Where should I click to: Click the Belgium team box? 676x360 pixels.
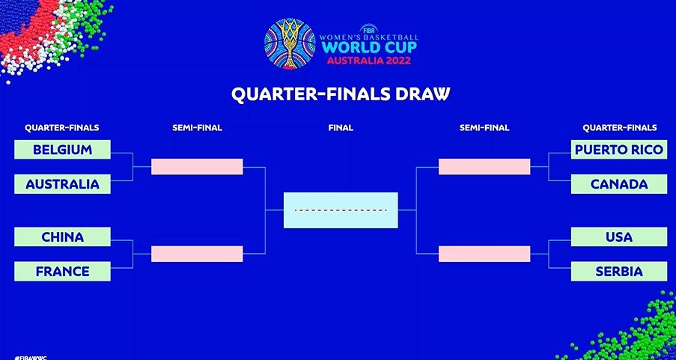point(63,150)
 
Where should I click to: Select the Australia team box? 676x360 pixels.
point(63,184)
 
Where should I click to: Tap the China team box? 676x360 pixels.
point(63,237)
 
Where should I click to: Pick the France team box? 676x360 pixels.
point(63,272)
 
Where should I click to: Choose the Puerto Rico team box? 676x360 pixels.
point(619,150)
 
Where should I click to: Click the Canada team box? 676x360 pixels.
point(619,184)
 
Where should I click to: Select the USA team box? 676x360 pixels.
point(619,237)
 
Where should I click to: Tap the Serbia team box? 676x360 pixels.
point(619,272)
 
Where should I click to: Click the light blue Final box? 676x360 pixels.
point(341,210)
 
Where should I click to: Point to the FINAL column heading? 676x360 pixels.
point(341,128)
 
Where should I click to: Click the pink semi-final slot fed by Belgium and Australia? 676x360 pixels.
point(197,167)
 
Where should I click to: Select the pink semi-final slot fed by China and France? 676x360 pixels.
point(197,254)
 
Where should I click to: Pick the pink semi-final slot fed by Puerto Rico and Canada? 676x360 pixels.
point(484,167)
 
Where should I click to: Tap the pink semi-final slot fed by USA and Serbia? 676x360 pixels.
point(484,254)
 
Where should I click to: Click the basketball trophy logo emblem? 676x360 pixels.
point(290,44)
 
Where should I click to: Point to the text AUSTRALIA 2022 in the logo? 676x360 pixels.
point(368,60)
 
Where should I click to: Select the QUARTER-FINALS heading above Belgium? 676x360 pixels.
point(62,128)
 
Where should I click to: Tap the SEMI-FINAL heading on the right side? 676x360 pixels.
point(484,128)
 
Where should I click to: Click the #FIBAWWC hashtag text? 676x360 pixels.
point(30,358)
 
